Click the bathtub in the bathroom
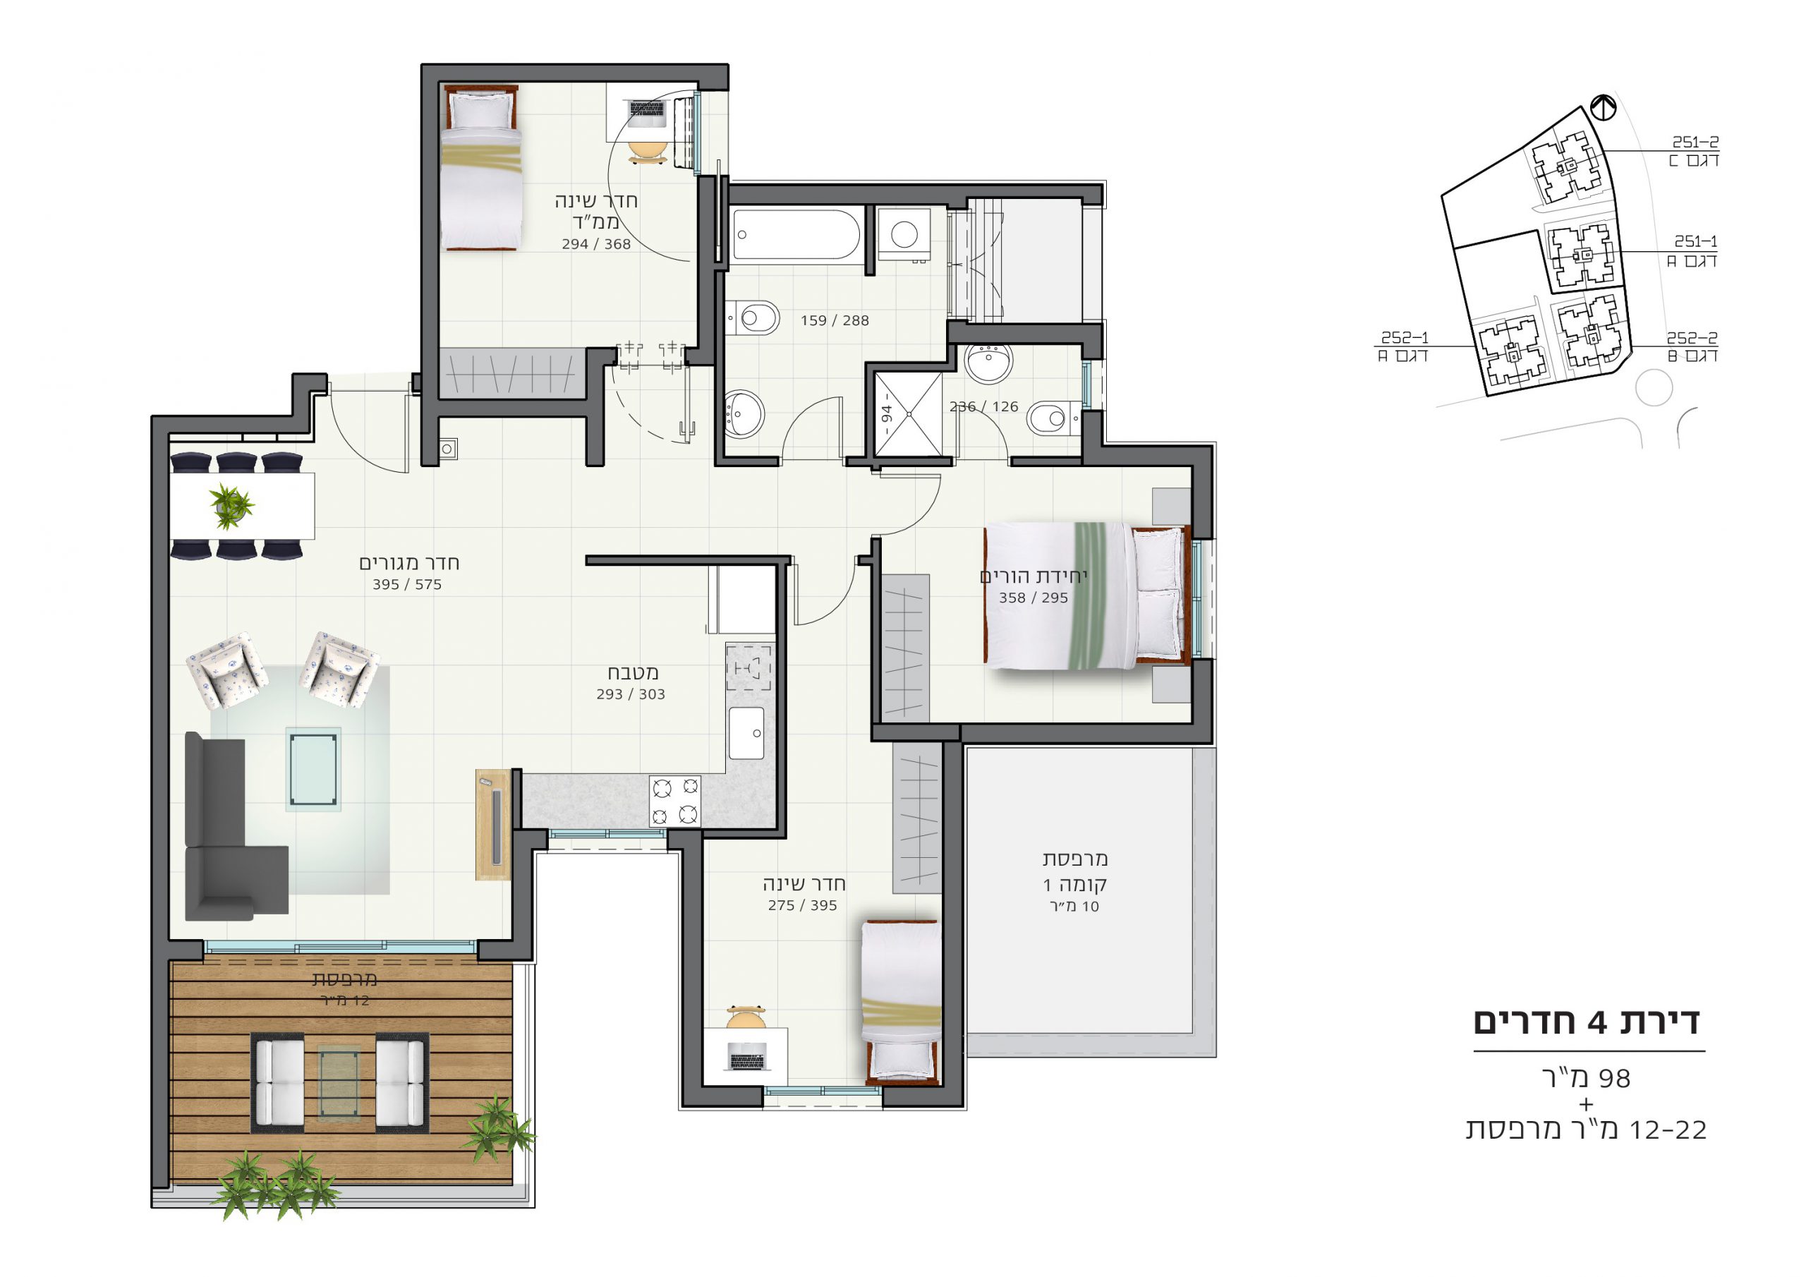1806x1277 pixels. point(796,234)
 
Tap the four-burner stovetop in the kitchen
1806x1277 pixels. point(675,801)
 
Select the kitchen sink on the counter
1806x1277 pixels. point(746,732)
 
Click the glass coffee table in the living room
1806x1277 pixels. point(314,769)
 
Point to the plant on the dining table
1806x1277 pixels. point(230,506)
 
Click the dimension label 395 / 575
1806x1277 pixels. point(406,585)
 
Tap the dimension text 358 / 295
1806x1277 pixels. point(1033,598)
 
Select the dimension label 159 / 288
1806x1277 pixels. point(835,320)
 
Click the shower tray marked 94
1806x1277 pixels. point(909,414)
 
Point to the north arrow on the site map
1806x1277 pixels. point(1603,107)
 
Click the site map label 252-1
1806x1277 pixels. point(1405,337)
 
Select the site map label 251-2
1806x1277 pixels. point(1695,143)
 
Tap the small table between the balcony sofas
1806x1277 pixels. point(339,1084)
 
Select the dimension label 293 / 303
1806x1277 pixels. point(630,695)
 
